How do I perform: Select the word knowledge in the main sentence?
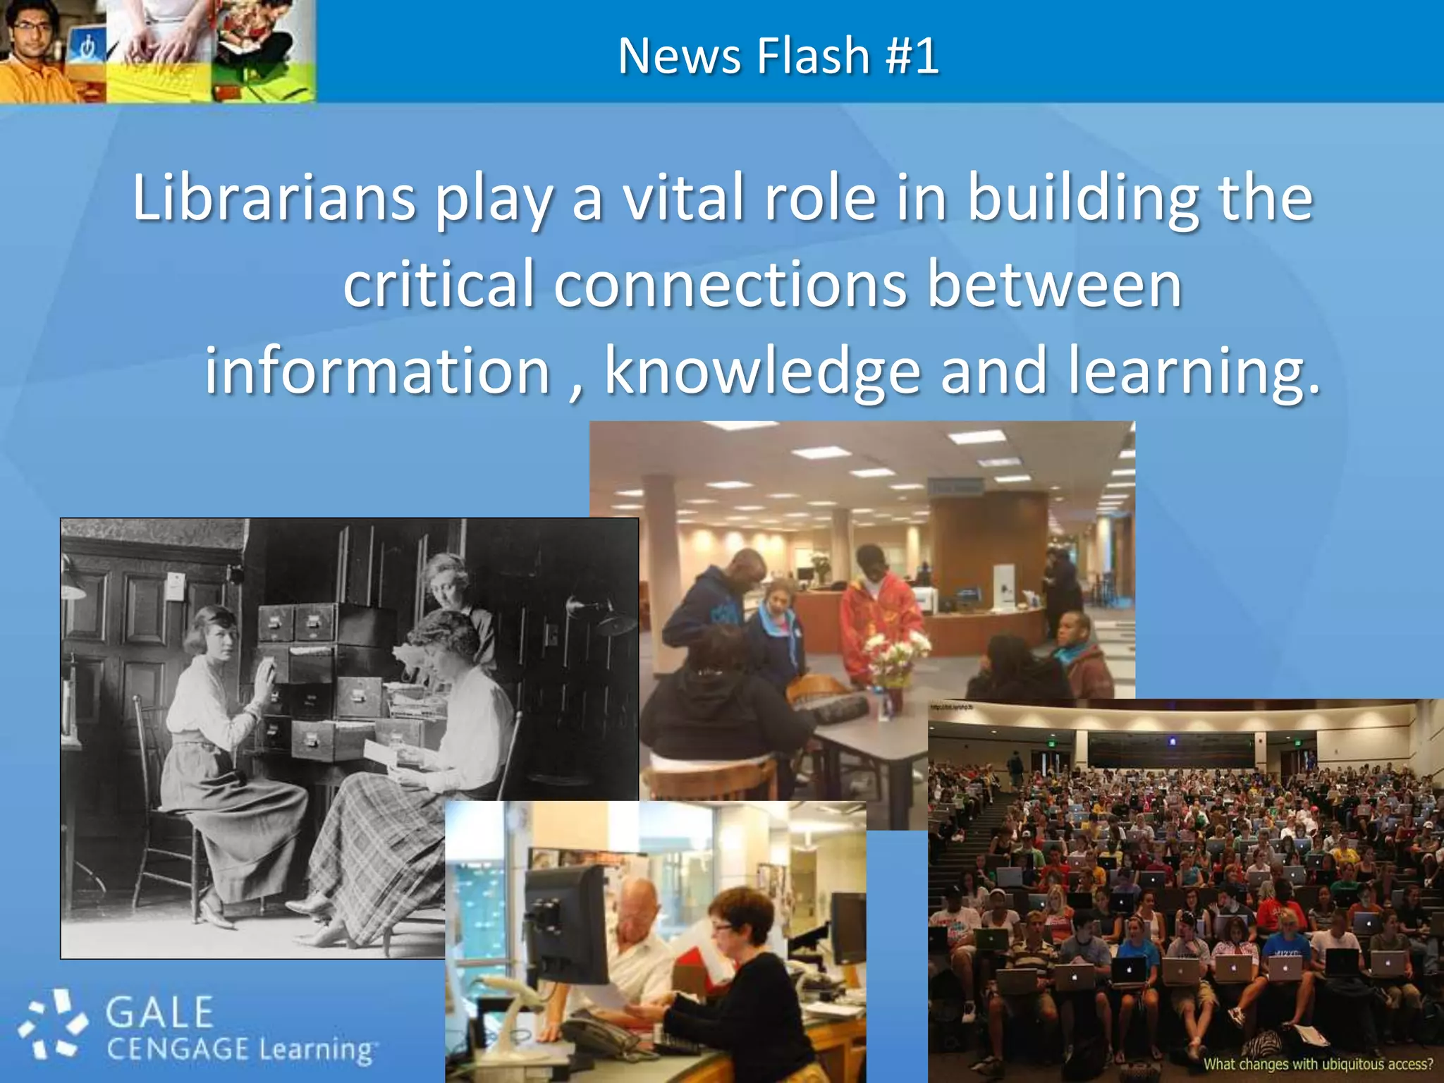(x=762, y=371)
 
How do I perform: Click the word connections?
(x=730, y=284)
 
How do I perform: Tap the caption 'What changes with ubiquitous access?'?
(x=1317, y=1064)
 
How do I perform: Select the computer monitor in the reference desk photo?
(x=564, y=924)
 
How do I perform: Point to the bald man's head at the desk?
(x=639, y=903)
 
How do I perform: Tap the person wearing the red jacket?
(x=878, y=613)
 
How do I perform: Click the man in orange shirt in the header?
(x=35, y=53)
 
